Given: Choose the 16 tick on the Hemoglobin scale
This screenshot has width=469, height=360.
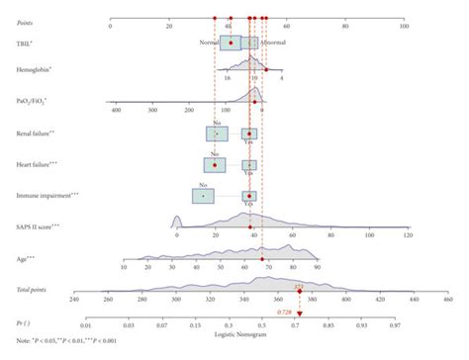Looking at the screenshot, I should [x=228, y=78].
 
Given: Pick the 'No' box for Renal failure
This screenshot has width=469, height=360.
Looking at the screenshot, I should [x=217, y=133].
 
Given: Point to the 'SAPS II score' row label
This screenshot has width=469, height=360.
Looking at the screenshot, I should [x=38, y=226].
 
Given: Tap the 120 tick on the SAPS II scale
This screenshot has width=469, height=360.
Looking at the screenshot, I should [x=409, y=236].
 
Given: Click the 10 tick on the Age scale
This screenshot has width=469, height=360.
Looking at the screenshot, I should [x=124, y=267].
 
